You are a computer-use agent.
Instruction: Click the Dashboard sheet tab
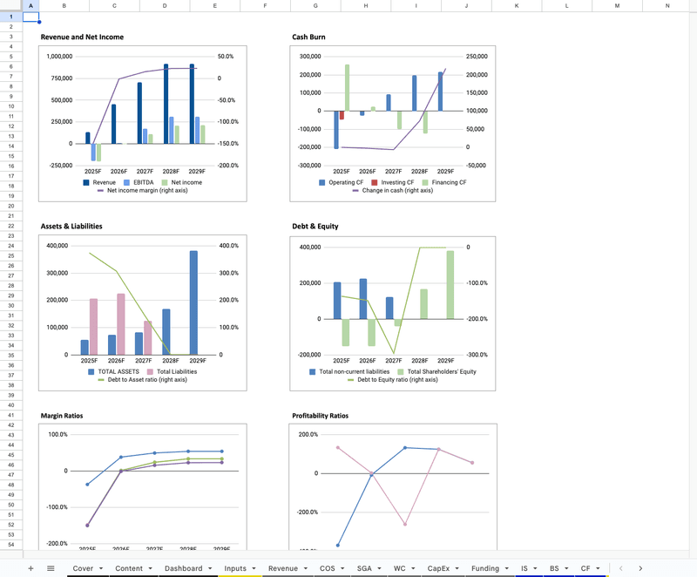pyautogui.click(x=183, y=568)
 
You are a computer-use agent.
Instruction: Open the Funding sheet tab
pyautogui.click(x=485, y=568)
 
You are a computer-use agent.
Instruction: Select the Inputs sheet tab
pyautogui.click(x=235, y=568)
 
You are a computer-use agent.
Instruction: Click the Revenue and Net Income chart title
pyautogui.click(x=82, y=37)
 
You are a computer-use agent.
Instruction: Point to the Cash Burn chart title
pyautogui.click(x=309, y=37)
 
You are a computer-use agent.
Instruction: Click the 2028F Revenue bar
pyautogui.click(x=166, y=103)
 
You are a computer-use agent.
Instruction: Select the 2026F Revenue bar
pyautogui.click(x=113, y=124)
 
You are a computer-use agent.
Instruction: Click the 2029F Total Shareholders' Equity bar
pyautogui.click(x=450, y=284)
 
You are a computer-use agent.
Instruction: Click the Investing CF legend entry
pyautogui.click(x=383, y=182)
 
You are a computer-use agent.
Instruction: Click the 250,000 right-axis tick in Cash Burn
pyautogui.click(x=477, y=57)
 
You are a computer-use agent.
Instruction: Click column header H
pyautogui.click(x=365, y=6)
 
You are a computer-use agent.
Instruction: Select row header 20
pyautogui.click(x=10, y=206)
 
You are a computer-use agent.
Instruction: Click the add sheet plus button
pyautogui.click(x=30, y=568)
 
